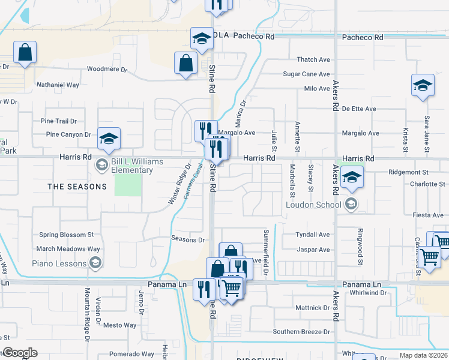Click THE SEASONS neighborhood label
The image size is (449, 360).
click(x=77, y=187)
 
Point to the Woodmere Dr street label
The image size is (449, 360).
click(x=107, y=70)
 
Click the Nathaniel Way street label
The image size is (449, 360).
click(x=58, y=85)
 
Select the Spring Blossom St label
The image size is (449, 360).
click(x=66, y=235)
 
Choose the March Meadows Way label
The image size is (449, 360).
click(x=67, y=249)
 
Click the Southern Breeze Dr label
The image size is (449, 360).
click(x=301, y=331)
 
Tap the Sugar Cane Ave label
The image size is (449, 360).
click(x=307, y=74)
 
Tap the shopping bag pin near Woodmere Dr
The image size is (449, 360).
click(x=186, y=63)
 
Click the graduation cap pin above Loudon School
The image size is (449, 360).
click(x=352, y=177)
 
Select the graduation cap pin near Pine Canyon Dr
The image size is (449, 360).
click(x=109, y=139)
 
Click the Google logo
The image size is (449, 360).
click(x=20, y=353)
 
